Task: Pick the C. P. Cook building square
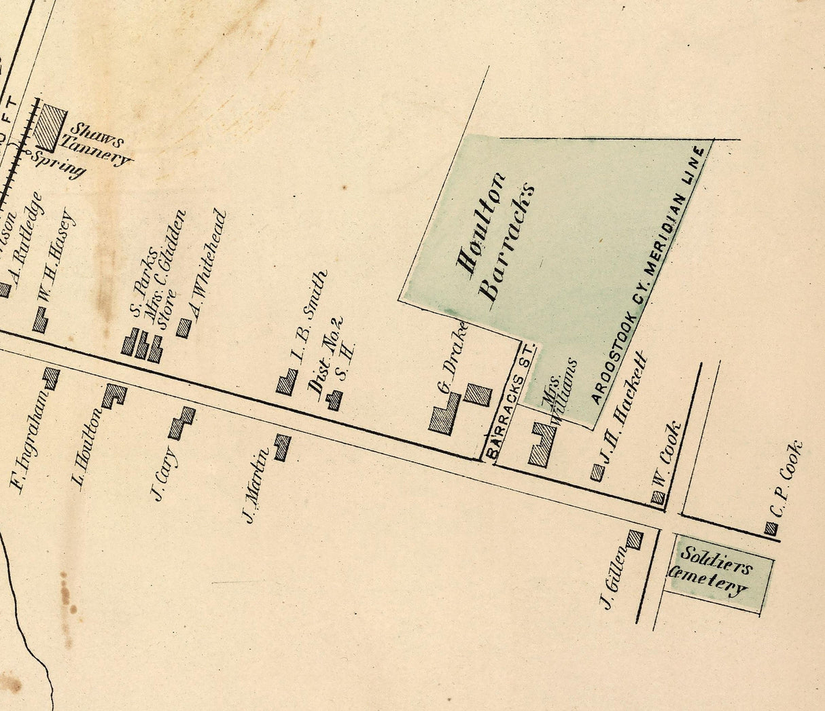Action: coord(771,528)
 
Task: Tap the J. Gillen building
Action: coord(635,540)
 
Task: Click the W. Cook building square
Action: coord(658,498)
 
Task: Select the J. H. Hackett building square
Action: coord(597,472)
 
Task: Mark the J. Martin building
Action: coord(282,448)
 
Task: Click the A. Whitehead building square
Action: coord(183,328)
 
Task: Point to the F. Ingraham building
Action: coord(51,378)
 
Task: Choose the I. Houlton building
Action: coord(113,395)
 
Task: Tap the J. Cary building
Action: coord(181,423)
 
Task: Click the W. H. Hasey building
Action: coord(40,321)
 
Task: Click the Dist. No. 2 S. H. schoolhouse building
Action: coord(334,400)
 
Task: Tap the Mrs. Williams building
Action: coord(542,445)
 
